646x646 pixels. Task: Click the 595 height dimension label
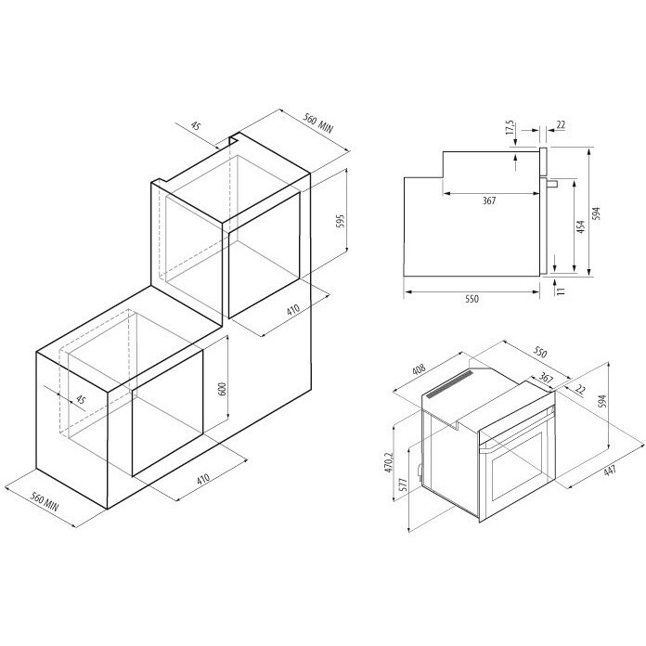[x=341, y=222]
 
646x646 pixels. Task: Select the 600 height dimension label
[x=222, y=389]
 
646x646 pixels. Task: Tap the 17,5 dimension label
[x=510, y=128]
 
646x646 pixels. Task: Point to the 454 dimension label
[x=580, y=226]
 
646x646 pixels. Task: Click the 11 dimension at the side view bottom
[x=561, y=291]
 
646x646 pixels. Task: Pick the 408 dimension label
[x=419, y=368]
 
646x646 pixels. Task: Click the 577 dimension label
[x=404, y=484]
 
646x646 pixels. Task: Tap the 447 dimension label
[x=610, y=470]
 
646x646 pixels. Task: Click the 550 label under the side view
[x=472, y=299]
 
